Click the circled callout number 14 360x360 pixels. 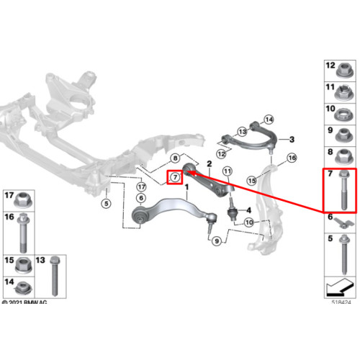269,120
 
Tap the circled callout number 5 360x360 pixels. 106,204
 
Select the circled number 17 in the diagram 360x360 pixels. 141,186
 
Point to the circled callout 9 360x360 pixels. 217,241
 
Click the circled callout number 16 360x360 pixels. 292,158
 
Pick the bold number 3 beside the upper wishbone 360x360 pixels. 292,139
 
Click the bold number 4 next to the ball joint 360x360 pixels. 249,210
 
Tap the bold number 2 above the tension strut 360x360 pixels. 210,164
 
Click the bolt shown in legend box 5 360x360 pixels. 344,255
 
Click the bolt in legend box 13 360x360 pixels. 55,276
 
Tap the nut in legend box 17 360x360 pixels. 23,200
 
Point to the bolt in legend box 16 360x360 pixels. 23,233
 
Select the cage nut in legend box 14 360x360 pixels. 23,288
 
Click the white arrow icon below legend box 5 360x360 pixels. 340,287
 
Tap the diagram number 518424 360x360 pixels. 341,302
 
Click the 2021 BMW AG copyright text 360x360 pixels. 24,302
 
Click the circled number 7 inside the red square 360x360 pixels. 175,177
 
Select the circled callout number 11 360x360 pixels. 228,171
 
